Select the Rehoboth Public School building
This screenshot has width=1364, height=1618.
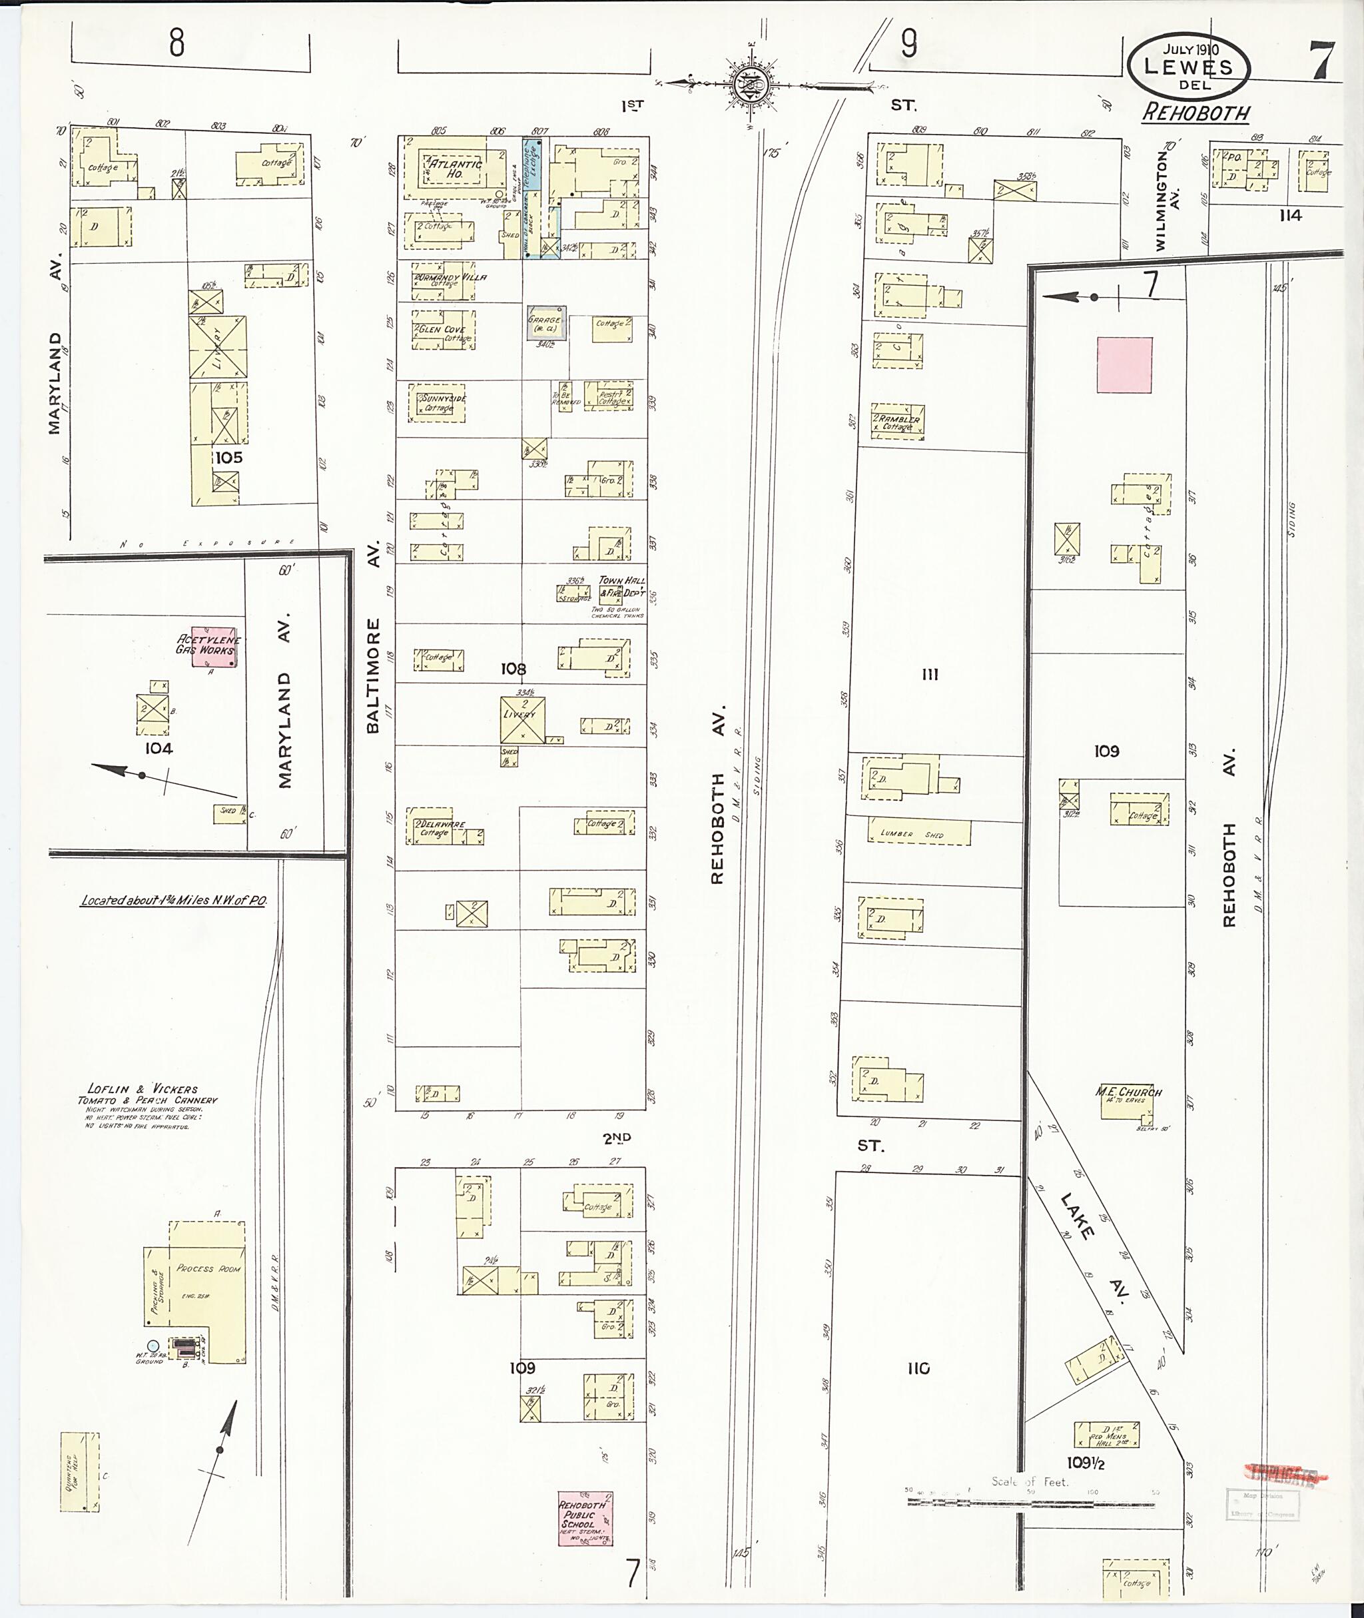585,1520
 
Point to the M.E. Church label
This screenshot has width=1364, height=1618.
1128,1092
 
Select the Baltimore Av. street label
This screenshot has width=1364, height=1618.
374,676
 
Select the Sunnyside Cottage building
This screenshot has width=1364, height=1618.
439,402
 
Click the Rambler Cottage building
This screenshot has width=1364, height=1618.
898,422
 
